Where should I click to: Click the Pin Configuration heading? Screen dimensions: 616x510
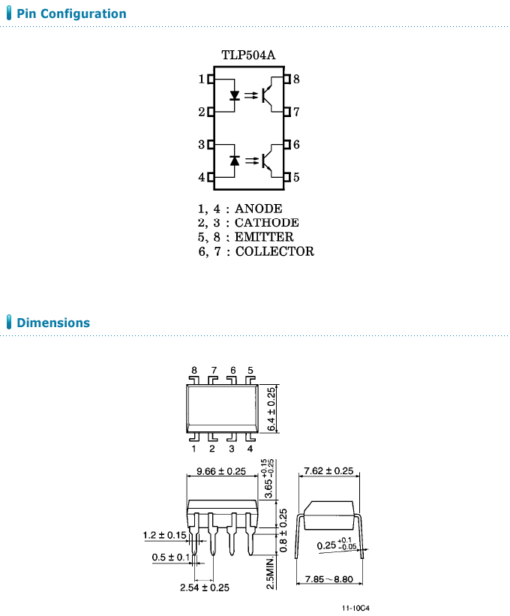point(71,14)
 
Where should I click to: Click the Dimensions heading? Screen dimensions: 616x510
point(52,323)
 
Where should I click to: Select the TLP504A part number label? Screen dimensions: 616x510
point(247,56)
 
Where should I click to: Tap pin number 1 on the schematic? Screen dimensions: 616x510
point(202,79)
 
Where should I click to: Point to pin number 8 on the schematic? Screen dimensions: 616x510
point(297,79)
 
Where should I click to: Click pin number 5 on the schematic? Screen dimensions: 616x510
point(297,178)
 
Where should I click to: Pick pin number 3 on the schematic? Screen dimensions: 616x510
point(202,144)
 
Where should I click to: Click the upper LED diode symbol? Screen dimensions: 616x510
point(235,95)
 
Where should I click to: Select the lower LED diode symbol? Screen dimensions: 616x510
point(235,161)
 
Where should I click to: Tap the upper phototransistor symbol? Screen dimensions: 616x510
point(274,95)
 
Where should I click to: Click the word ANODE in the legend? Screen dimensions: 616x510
point(259,209)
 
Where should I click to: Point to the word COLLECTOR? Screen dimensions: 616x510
point(274,251)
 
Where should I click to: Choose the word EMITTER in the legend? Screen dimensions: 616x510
point(264,237)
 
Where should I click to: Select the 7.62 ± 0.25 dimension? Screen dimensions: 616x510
point(328,471)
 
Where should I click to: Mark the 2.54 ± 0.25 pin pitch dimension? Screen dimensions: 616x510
point(205,587)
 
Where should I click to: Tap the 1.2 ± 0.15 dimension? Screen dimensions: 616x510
point(165,535)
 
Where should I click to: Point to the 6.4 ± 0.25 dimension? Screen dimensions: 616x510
point(271,409)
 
